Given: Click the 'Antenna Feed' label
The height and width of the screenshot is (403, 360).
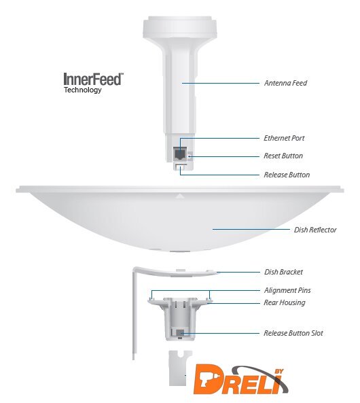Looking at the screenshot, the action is [285, 83].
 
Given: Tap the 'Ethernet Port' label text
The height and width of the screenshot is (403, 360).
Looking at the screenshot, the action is [284, 138].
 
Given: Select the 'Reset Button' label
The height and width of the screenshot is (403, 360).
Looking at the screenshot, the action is [283, 156].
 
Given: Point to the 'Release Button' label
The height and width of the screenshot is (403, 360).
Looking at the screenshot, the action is [287, 175].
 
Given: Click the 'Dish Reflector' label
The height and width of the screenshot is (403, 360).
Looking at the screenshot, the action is [315, 230].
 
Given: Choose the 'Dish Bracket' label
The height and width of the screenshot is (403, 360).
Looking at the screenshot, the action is [283, 272].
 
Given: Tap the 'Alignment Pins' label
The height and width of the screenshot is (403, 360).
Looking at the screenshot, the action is [287, 290].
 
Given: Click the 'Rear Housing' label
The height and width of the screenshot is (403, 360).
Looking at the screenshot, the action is [285, 302].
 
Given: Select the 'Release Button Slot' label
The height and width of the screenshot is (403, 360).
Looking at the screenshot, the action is [293, 333].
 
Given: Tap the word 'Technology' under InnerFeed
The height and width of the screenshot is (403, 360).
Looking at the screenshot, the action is [83, 90].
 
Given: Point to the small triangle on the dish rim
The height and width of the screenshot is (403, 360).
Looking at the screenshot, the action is [180, 196].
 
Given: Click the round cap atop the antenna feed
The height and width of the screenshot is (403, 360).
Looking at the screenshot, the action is [180, 27].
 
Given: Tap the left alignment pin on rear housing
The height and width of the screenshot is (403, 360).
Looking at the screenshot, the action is [151, 298].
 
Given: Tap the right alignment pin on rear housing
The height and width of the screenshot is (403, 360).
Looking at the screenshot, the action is [210, 298].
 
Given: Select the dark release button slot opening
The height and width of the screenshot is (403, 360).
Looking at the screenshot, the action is [181, 333].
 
